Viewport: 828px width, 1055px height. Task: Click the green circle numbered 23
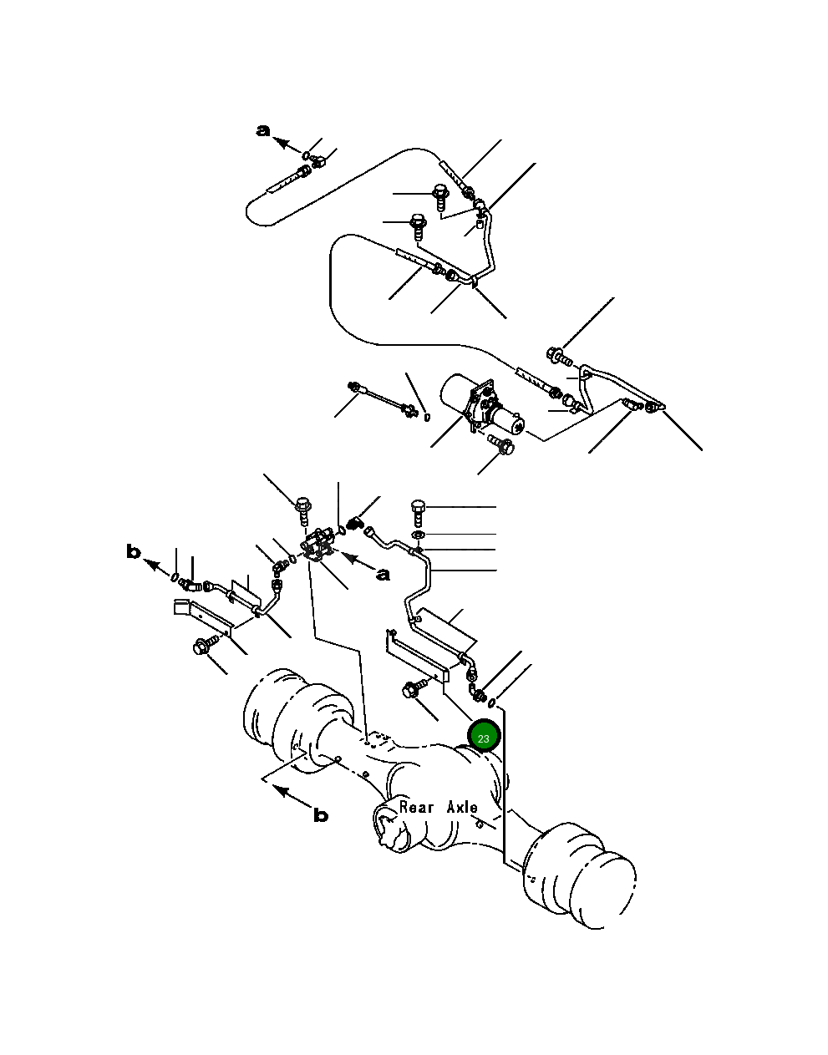pyautogui.click(x=483, y=738)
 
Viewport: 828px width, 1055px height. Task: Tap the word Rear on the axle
pyautogui.click(x=416, y=807)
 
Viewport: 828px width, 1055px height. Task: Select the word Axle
pyautogui.click(x=462, y=807)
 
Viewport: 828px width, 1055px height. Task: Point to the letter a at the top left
pyautogui.click(x=262, y=130)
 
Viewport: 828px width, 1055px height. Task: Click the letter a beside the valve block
pyautogui.click(x=384, y=575)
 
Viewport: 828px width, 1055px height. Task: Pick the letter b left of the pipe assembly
pyautogui.click(x=134, y=552)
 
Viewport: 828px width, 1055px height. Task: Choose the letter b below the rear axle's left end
pyautogui.click(x=321, y=815)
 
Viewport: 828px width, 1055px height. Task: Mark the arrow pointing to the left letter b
pyautogui.click(x=157, y=566)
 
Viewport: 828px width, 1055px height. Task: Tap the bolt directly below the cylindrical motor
pyautogui.click(x=500, y=444)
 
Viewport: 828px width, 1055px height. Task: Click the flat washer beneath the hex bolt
pyautogui.click(x=418, y=535)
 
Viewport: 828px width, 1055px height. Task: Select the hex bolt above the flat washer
pyautogui.click(x=417, y=513)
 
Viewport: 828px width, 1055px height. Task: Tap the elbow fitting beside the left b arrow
pyautogui.click(x=190, y=584)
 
